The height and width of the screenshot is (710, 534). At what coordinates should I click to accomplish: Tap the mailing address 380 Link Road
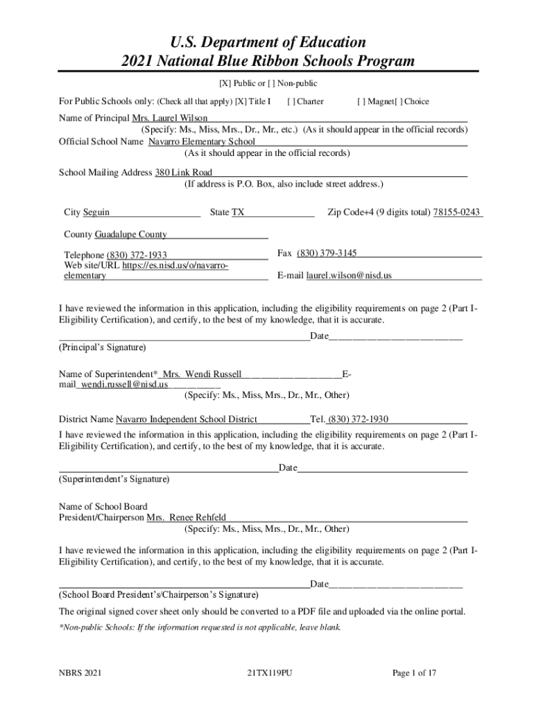click(x=183, y=172)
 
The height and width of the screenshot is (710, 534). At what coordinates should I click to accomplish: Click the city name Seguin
click(x=96, y=212)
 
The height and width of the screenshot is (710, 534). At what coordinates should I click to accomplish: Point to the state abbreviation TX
click(x=238, y=212)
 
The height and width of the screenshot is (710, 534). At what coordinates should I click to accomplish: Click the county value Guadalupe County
click(x=130, y=234)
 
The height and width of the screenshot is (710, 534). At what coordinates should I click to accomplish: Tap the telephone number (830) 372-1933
click(x=137, y=256)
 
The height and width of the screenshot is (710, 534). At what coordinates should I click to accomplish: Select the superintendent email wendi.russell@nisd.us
click(x=124, y=384)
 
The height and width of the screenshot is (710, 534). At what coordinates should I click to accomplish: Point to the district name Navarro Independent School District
click(x=187, y=419)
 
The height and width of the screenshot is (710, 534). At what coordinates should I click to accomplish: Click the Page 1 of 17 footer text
click(x=414, y=673)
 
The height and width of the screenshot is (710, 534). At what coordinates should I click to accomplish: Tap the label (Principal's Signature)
click(x=103, y=347)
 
